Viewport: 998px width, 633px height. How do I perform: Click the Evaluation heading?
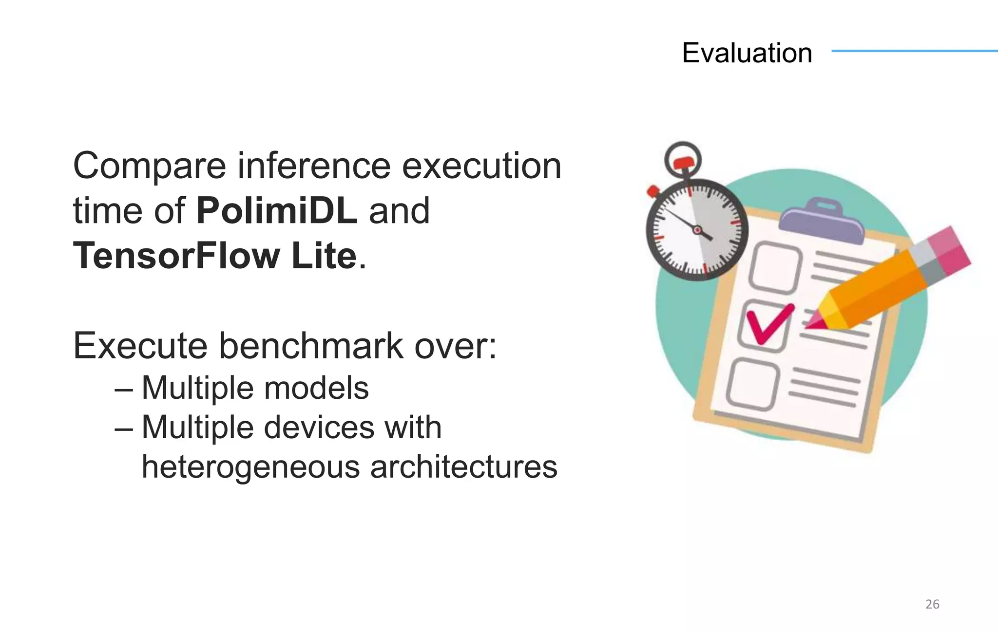[x=747, y=53]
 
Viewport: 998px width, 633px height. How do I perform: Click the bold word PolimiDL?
[x=277, y=210]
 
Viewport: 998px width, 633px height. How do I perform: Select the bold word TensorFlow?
[x=176, y=256]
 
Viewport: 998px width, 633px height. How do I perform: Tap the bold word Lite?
[x=324, y=256]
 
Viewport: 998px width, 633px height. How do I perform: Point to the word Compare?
[x=149, y=167]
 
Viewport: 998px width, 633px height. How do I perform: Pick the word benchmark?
[x=310, y=346]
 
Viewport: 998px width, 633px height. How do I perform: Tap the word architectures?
[x=463, y=466]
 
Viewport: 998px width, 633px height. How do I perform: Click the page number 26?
[x=932, y=604]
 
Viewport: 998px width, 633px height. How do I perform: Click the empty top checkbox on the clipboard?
[x=775, y=268]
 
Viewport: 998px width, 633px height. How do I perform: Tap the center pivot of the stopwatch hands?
[x=697, y=230]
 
